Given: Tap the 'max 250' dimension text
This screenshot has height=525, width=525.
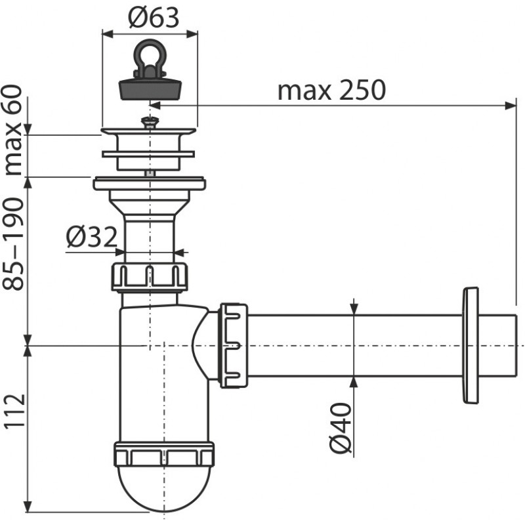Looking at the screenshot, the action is [x=332, y=90].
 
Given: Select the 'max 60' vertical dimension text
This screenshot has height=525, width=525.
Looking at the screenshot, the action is [x=12, y=130].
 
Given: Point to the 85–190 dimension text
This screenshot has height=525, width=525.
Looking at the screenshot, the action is [x=12, y=243].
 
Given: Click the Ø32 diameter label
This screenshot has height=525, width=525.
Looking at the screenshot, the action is [x=91, y=236].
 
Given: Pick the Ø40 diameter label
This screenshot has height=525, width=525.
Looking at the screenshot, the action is [x=340, y=428].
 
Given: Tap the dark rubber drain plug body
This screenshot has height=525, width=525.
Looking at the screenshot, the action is [x=150, y=89].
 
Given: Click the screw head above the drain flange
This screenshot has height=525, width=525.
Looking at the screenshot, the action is [x=150, y=122].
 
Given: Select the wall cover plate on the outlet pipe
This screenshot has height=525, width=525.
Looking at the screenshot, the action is [x=470, y=345].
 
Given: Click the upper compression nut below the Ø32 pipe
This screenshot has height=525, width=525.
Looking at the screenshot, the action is [x=150, y=277].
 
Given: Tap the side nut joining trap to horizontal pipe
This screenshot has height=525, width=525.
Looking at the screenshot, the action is [x=234, y=345].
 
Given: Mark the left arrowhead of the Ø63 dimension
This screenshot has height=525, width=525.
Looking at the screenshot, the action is [x=108, y=33].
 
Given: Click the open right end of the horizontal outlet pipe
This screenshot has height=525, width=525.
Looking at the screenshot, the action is [x=515, y=345].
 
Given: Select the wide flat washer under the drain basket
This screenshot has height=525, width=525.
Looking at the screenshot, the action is [x=150, y=184].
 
